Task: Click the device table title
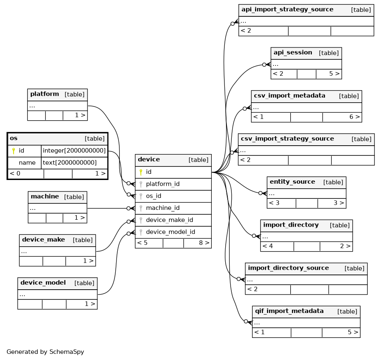[x=149, y=160]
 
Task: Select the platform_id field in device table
[x=163, y=184]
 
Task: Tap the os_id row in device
[x=153, y=196]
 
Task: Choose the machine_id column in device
[x=163, y=208]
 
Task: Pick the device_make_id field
[x=169, y=220]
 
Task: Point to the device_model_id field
[x=170, y=232]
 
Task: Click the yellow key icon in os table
[x=13, y=151]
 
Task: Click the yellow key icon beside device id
[x=141, y=172]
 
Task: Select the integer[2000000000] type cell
[x=74, y=151]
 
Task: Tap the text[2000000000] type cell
[x=69, y=163]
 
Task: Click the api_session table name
[x=293, y=52]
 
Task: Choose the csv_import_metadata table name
[x=289, y=96]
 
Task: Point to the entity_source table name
[x=292, y=182]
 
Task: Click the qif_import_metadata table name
[x=289, y=311]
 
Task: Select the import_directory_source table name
[x=288, y=268]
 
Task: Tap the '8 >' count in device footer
[x=204, y=243]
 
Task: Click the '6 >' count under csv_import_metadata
[x=354, y=117]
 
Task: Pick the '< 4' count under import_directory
[x=267, y=246]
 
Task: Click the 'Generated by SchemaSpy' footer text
[x=45, y=352]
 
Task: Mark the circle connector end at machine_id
[x=128, y=208]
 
